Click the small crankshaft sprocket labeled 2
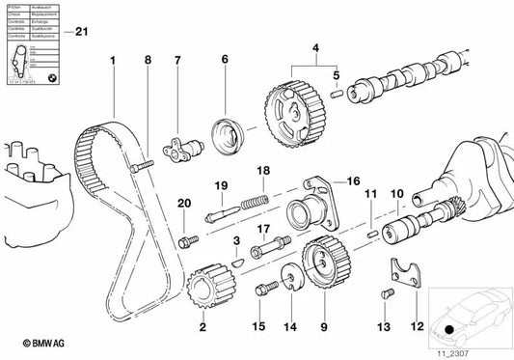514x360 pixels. click(x=202, y=286)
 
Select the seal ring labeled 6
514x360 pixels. click(x=228, y=125)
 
